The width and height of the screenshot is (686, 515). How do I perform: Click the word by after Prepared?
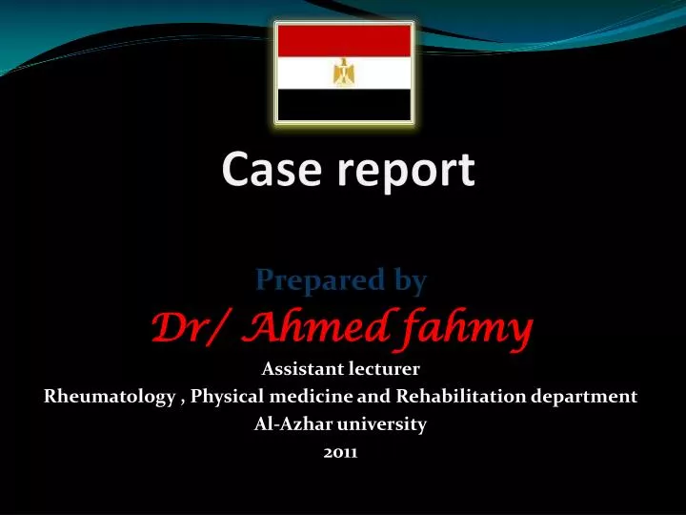pyautogui.click(x=409, y=281)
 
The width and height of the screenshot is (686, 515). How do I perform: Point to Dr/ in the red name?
pyautogui.click(x=187, y=329)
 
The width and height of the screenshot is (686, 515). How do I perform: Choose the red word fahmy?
pyautogui.click(x=465, y=330)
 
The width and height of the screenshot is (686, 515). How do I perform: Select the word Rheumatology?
pyautogui.click(x=109, y=397)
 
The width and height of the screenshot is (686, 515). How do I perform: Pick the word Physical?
pyautogui.click(x=227, y=397)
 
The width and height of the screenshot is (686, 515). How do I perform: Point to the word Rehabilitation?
pyautogui.click(x=457, y=397)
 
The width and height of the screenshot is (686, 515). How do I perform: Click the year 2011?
pyautogui.click(x=341, y=454)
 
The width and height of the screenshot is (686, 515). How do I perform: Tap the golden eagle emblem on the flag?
pyautogui.click(x=343, y=72)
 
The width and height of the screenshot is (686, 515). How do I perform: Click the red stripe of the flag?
pyautogui.click(x=343, y=40)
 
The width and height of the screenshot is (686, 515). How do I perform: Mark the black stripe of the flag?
pyautogui.click(x=343, y=105)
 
